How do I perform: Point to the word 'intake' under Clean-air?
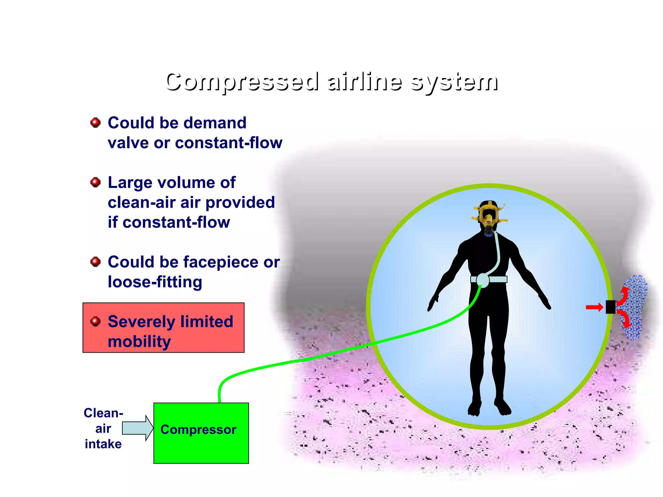coord(103,444)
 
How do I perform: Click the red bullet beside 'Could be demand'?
coord(95,123)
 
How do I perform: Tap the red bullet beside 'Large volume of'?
coord(95,182)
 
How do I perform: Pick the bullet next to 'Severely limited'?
coord(95,321)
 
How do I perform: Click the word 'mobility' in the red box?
coord(139,342)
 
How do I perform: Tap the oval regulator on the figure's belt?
coord(483,280)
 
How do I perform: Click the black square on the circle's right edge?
coord(610,307)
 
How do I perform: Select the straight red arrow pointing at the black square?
coord(594,307)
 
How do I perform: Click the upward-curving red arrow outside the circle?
coord(624,294)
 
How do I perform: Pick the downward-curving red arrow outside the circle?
coord(625,319)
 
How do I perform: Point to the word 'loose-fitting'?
coord(155,282)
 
